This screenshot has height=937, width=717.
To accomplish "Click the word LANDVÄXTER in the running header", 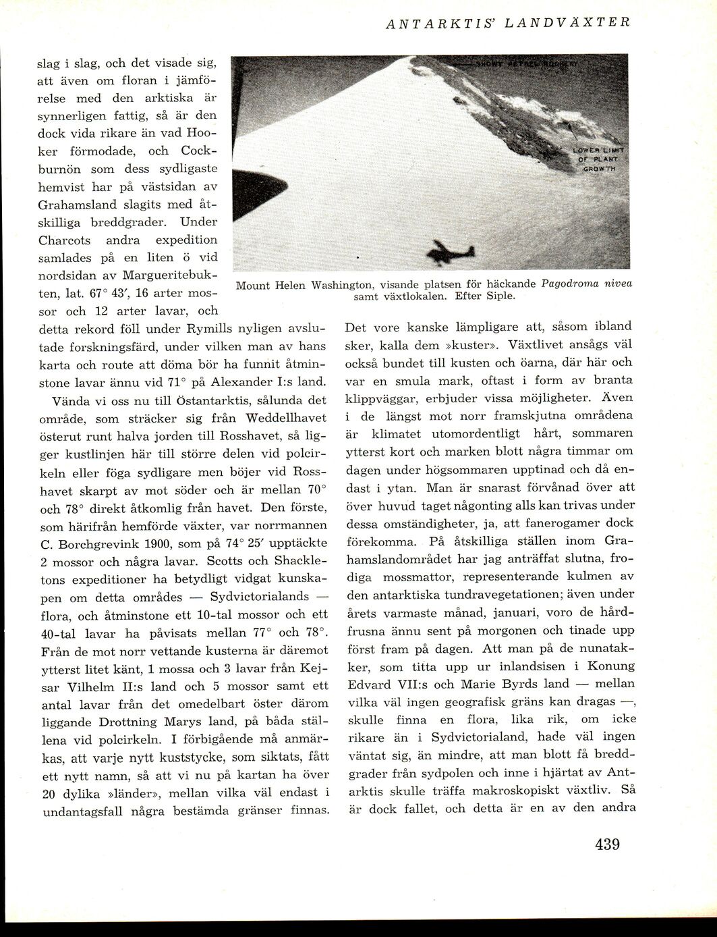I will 581,22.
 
